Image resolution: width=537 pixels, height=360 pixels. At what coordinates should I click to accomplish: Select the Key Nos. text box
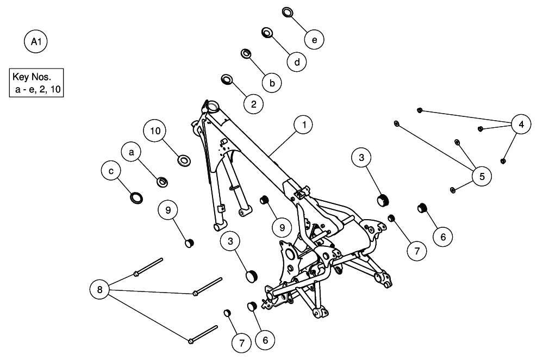tap(36, 83)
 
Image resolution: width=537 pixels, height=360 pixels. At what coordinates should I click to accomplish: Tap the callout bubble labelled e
tap(313, 39)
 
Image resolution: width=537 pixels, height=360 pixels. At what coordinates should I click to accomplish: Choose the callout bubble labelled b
tap(272, 83)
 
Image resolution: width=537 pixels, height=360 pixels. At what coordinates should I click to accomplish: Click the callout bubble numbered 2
tap(253, 103)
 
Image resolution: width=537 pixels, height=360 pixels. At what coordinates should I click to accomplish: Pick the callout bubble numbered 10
tap(155, 131)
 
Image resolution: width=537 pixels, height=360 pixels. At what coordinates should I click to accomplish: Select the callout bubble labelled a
tap(131, 154)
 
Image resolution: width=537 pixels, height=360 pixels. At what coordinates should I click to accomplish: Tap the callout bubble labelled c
tap(111, 171)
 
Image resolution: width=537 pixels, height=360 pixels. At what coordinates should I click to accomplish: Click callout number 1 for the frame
tap(304, 125)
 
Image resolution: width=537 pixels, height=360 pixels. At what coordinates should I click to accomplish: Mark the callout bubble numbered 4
tap(521, 125)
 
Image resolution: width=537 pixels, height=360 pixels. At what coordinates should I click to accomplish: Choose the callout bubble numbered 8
tap(99, 290)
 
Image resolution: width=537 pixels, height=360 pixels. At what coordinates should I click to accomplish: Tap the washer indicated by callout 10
tap(184, 160)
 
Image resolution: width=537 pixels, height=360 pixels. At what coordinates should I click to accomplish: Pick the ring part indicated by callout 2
tap(226, 80)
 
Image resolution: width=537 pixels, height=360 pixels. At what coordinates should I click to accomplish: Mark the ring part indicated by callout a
tap(162, 181)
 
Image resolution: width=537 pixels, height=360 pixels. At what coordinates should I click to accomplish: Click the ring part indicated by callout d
tap(267, 33)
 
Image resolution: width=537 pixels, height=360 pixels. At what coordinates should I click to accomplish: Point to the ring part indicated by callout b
tap(246, 53)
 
